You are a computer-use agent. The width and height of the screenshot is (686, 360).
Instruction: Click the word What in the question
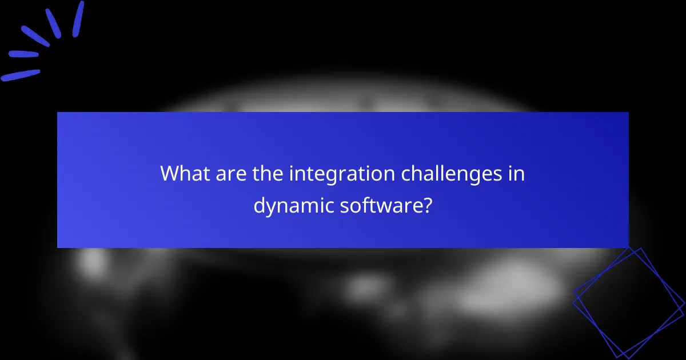pyautogui.click(x=185, y=173)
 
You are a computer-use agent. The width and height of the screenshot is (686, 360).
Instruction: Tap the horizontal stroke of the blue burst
pyautogui.click(x=23, y=54)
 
